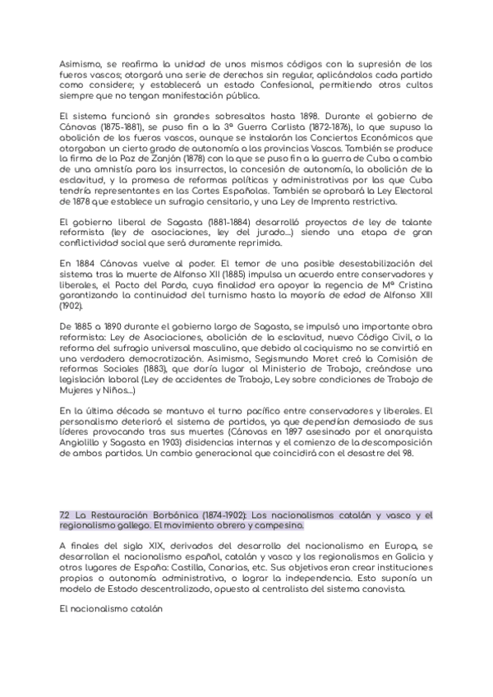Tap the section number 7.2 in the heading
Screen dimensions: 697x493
coord(64,515)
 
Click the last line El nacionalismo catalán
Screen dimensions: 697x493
coord(113,610)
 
